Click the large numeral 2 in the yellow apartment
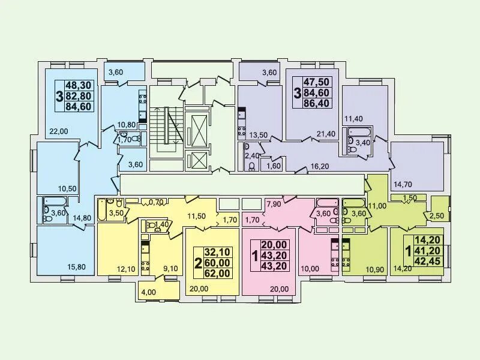click(x=197, y=263)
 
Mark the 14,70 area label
click(x=404, y=184)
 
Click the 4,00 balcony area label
click(x=148, y=293)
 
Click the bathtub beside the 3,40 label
click(x=358, y=132)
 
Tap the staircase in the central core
click(x=164, y=127)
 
